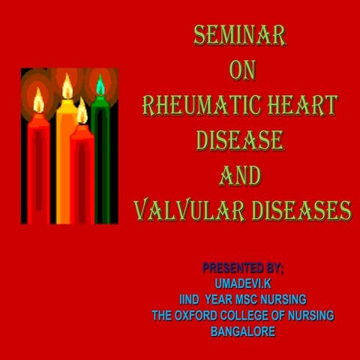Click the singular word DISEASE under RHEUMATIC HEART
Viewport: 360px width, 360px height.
click(x=240, y=139)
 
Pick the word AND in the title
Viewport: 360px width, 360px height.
click(x=240, y=175)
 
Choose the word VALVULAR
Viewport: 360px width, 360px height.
click(x=181, y=209)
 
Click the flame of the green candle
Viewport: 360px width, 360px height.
click(x=100, y=85)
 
